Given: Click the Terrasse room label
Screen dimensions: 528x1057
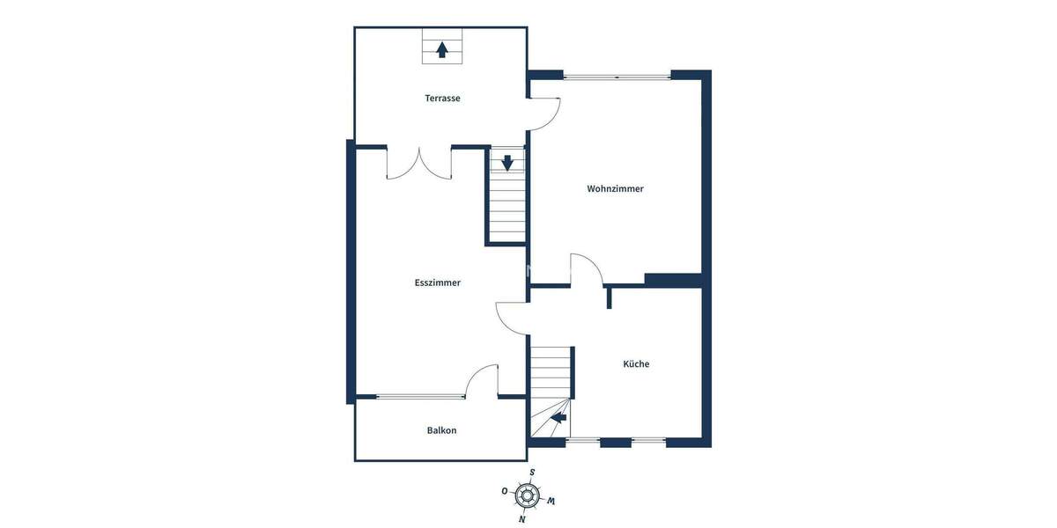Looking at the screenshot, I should pyautogui.click(x=442, y=99).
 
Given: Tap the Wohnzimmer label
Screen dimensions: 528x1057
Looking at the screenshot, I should pyautogui.click(x=615, y=189).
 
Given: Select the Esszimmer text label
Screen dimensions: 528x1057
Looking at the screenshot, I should pyautogui.click(x=438, y=283).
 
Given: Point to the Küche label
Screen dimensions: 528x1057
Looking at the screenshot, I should pyautogui.click(x=636, y=364).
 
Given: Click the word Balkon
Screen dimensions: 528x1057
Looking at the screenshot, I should pyautogui.click(x=441, y=430).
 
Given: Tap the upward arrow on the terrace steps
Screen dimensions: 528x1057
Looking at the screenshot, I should pyautogui.click(x=442, y=49).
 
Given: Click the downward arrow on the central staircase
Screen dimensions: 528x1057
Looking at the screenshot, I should pyautogui.click(x=507, y=163).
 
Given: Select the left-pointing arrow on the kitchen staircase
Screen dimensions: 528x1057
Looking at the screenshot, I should pyautogui.click(x=558, y=418).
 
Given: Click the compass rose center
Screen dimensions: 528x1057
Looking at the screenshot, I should pyautogui.click(x=527, y=496).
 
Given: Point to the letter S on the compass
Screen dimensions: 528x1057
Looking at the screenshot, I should pyautogui.click(x=532, y=473).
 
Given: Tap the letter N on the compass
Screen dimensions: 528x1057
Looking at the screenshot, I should pyautogui.click(x=522, y=519).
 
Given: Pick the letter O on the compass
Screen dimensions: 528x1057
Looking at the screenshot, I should pyautogui.click(x=504, y=491).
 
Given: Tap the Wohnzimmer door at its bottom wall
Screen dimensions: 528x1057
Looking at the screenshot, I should pyautogui.click(x=587, y=269).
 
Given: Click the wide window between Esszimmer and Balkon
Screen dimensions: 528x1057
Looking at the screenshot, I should pyautogui.click(x=421, y=397).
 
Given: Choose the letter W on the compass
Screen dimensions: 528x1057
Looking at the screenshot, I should pyautogui.click(x=551, y=502).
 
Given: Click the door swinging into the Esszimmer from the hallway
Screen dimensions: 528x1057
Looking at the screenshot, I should pyautogui.click(x=512, y=318).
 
